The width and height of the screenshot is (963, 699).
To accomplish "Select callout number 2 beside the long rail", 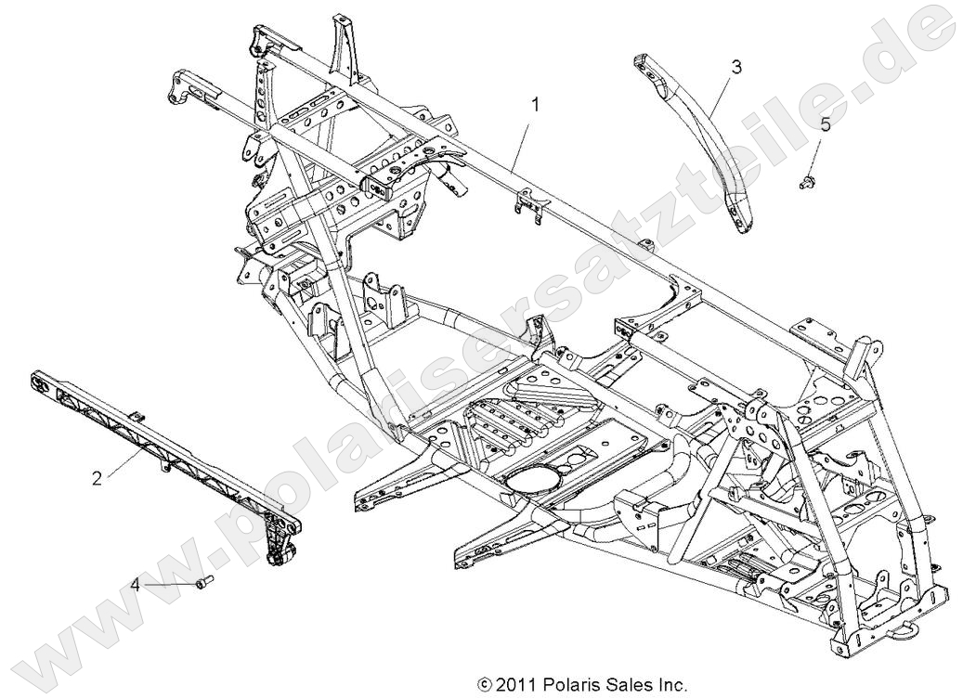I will [x=97, y=479].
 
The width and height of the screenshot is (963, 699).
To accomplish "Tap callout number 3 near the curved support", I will [x=736, y=66].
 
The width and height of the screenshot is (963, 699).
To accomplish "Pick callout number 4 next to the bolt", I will [x=136, y=585].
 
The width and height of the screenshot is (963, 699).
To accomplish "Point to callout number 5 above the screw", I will [x=825, y=123].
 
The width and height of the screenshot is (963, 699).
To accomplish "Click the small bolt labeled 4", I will [x=203, y=583].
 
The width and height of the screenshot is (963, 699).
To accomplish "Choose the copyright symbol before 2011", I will [x=484, y=686].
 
